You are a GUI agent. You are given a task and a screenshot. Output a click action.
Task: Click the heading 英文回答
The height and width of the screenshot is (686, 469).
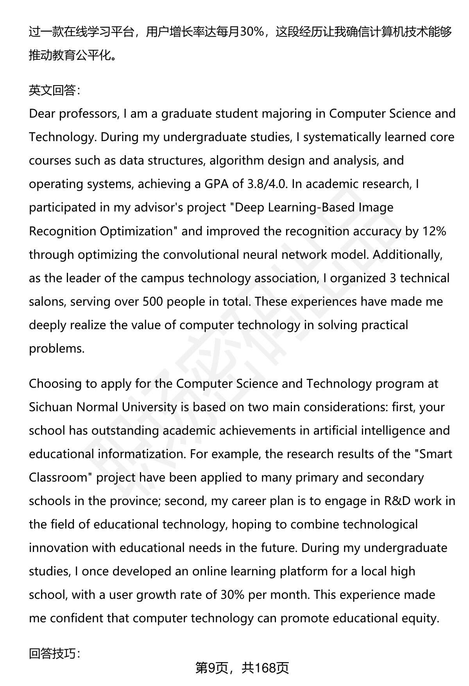tap(54, 90)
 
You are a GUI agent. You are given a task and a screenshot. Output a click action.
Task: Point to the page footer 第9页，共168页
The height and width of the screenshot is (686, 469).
tap(242, 668)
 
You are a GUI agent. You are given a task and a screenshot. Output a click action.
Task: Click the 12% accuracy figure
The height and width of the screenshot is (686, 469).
tap(434, 231)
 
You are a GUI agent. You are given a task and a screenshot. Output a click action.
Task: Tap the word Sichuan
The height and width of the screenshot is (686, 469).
tap(51, 407)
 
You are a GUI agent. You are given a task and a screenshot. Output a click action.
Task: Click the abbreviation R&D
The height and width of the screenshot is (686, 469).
tap(397, 501)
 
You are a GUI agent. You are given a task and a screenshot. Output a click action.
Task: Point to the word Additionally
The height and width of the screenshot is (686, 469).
tap(407, 254)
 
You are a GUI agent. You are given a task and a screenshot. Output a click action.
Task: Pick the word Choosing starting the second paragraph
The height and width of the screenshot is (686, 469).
tap(55, 383)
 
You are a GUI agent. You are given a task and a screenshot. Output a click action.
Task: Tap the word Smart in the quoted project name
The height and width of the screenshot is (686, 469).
tap(435, 454)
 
